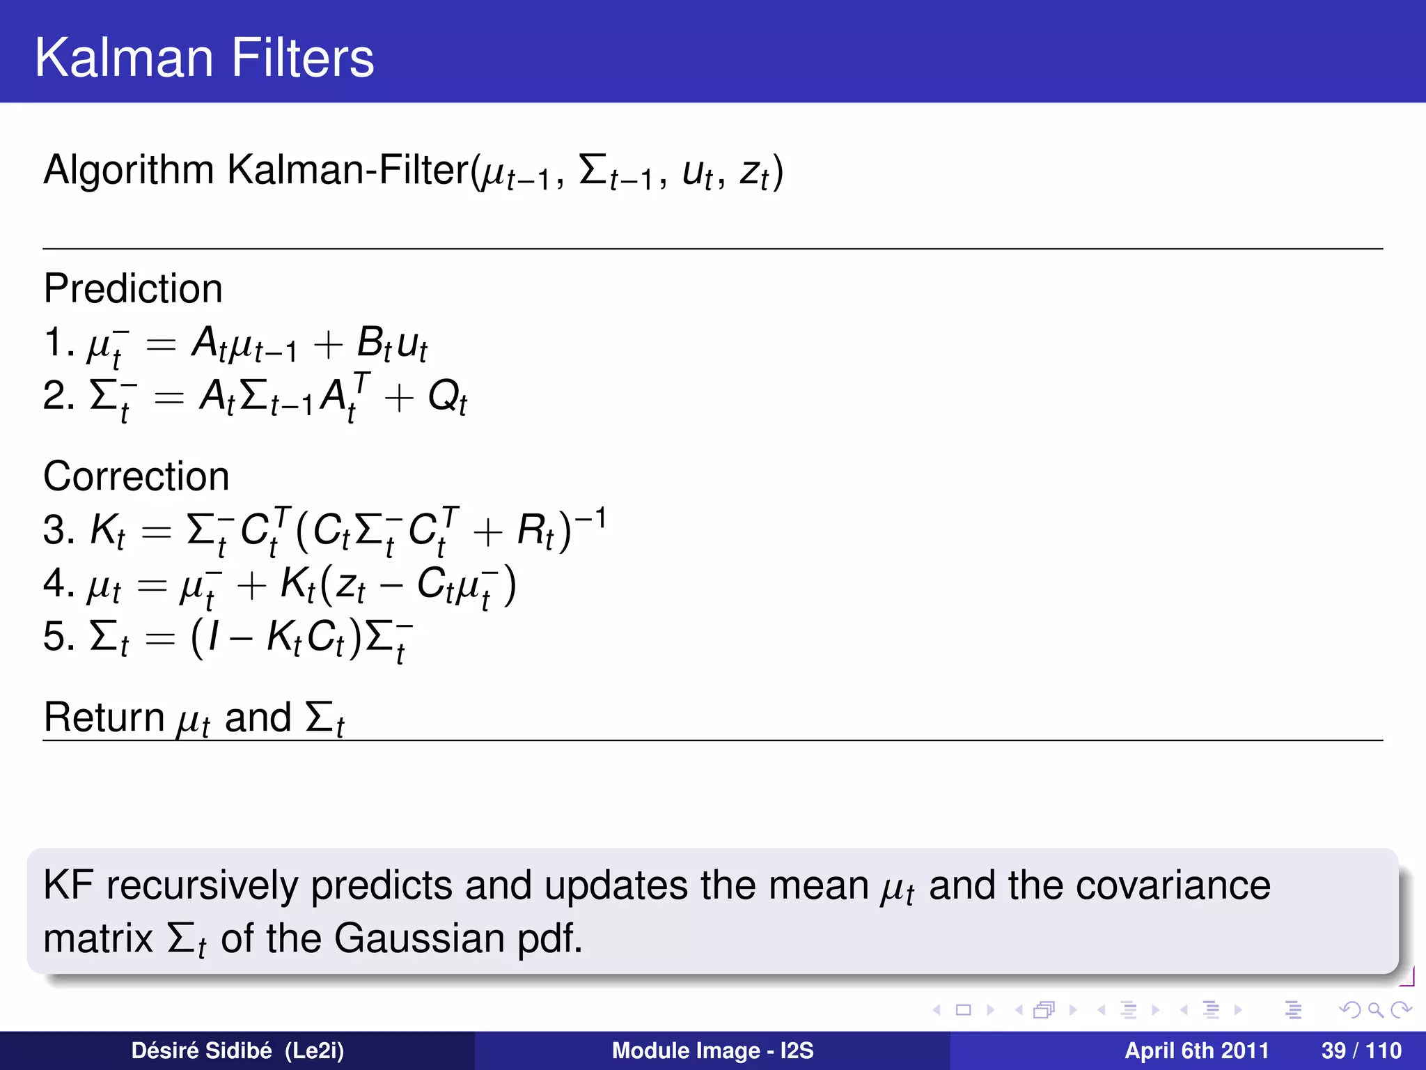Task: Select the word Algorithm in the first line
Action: tap(129, 171)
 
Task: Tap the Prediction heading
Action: tap(133, 288)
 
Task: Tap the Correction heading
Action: tap(136, 476)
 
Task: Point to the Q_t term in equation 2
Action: tap(447, 398)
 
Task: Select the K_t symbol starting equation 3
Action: tap(107, 531)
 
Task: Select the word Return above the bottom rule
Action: tap(104, 718)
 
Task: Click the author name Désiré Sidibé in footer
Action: tap(201, 1050)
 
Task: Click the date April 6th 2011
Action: tap(1196, 1050)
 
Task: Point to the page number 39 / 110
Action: tap(1361, 1050)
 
